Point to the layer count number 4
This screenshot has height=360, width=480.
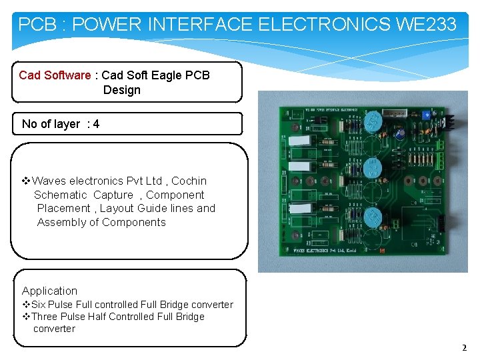coord(97,124)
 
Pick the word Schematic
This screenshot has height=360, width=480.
coord(60,195)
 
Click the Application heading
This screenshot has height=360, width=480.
coord(49,291)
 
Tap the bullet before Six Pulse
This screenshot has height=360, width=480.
coord(26,305)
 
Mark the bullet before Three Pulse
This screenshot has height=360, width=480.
coord(26,317)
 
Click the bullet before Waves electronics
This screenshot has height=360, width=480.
coord(27,181)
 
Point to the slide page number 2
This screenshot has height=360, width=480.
coord(465,347)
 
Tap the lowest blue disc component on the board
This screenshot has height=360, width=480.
coord(373,217)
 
